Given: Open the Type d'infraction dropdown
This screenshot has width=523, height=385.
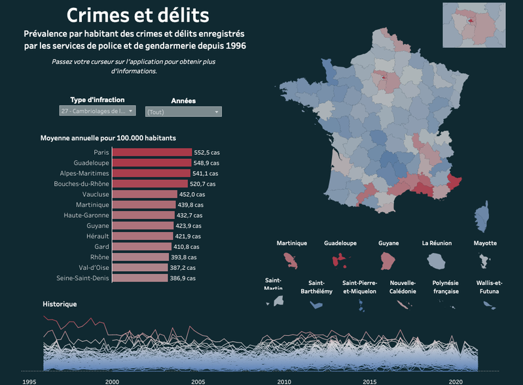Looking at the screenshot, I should pyautogui.click(x=97, y=111).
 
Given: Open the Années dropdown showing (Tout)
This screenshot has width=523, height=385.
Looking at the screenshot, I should pyautogui.click(x=183, y=112).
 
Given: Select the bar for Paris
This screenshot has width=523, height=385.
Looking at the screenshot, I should pyautogui.click(x=152, y=152).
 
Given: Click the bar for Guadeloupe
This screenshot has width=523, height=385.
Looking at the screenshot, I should pyautogui.click(x=151, y=163).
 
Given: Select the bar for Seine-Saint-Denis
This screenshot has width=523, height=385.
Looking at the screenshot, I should pyautogui.click(x=139, y=278).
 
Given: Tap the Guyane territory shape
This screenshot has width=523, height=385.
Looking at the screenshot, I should pyautogui.click(x=388, y=260).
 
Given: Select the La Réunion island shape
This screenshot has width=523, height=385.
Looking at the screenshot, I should pyautogui.click(x=437, y=260).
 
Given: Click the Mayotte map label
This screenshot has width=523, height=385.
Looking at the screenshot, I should pyautogui.click(x=485, y=243).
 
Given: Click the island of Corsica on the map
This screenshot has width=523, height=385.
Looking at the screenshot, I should pyautogui.click(x=481, y=214).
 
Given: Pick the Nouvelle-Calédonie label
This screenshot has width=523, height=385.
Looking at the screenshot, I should pyautogui.click(x=403, y=288).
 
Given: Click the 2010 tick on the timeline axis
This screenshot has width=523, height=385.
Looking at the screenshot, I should pyautogui.click(x=284, y=381).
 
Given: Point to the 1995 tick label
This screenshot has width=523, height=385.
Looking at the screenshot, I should pyautogui.click(x=28, y=381).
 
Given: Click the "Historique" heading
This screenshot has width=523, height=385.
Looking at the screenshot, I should pyautogui.click(x=60, y=304).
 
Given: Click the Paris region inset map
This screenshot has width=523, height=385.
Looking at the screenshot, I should pyautogui.click(x=474, y=25).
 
